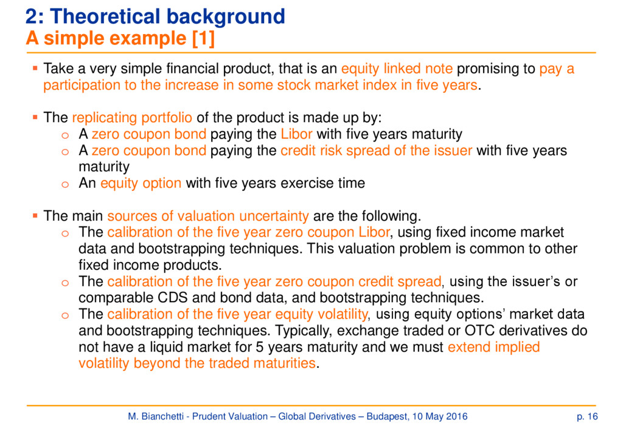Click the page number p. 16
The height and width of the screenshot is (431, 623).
tap(587, 416)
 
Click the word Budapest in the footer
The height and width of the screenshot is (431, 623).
tap(387, 416)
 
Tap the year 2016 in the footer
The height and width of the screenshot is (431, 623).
tap(457, 416)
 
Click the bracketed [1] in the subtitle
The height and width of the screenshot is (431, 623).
tap(203, 38)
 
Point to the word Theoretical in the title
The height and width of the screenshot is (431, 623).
tap(105, 16)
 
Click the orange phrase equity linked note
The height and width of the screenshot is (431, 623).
tap(397, 69)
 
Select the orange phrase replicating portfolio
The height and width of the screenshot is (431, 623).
tap(132, 117)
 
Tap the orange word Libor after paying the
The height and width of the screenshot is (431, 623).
tap(296, 134)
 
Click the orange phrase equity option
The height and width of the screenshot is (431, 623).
tap(141, 183)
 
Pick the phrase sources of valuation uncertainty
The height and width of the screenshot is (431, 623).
tap(208, 216)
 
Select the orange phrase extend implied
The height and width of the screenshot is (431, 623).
tap(494, 347)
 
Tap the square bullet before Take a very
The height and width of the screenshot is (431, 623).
tap(35, 68)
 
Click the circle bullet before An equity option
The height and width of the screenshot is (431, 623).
tap(65, 184)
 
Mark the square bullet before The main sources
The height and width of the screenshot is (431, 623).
tap(35, 215)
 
